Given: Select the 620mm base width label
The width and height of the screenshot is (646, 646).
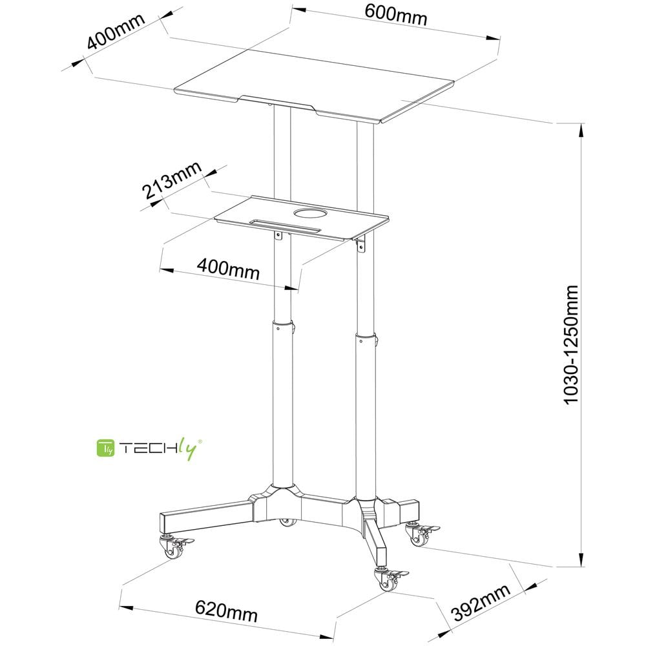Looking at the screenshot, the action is pos(226,611).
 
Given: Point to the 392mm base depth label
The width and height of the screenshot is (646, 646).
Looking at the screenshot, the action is pos(481,603).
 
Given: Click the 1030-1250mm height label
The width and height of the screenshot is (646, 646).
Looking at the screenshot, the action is pos(570,345).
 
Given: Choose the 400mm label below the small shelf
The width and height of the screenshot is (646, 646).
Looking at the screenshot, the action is pos(228,269).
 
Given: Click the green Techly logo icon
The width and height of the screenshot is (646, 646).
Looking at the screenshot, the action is pos(105,448).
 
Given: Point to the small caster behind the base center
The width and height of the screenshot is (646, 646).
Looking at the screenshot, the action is pos(288,522).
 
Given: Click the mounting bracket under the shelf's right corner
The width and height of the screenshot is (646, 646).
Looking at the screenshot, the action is pos(361,244).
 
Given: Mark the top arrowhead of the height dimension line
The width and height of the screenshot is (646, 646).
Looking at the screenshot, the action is pos(582,131).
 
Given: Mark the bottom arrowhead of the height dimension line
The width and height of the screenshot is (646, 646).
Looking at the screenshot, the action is pos(582,559).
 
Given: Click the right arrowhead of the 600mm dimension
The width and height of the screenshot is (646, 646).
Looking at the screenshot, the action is pos(493,38).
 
